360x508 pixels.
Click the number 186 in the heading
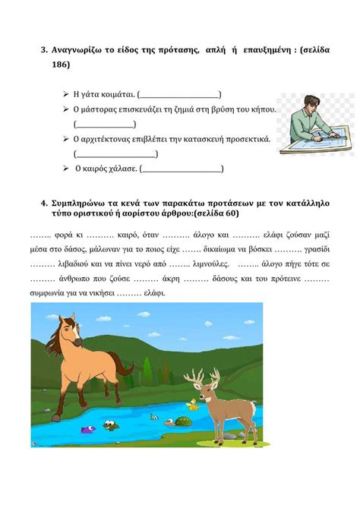[61, 65]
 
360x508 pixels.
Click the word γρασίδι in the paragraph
[317, 249]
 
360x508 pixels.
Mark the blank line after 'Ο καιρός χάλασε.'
[183, 169]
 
